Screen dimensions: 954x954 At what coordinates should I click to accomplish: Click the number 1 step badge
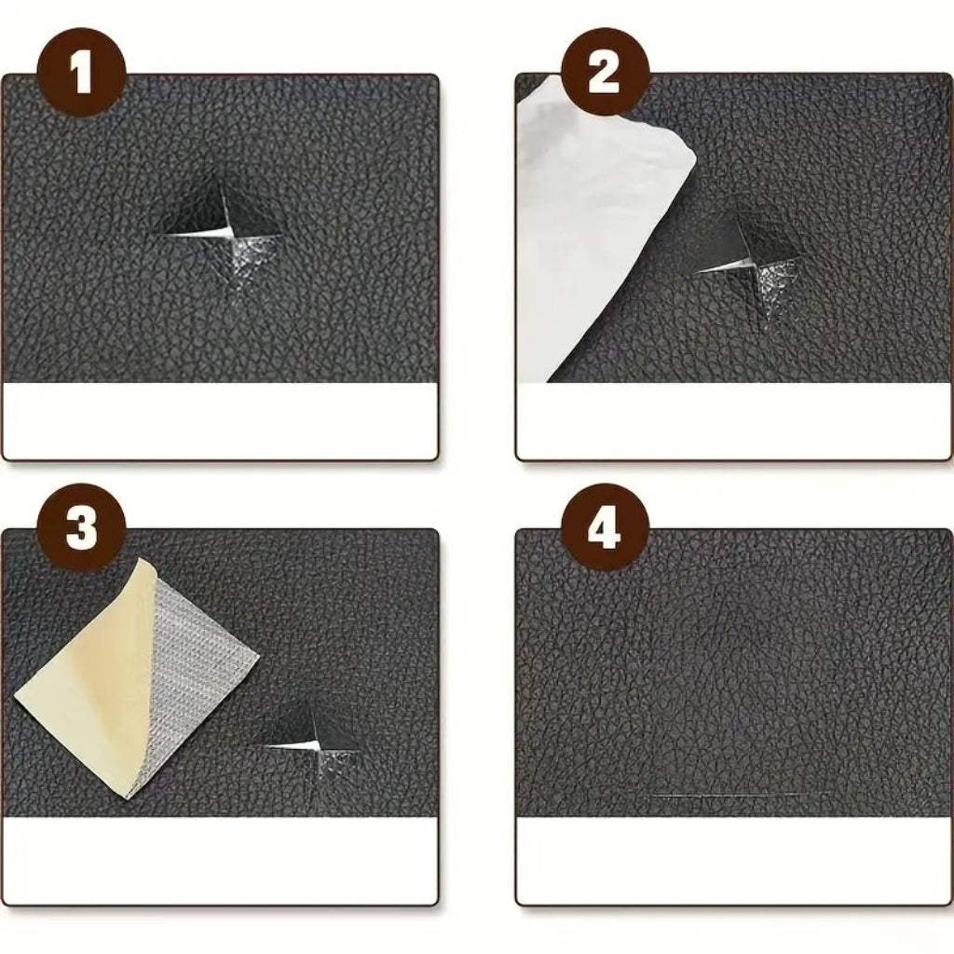(81, 72)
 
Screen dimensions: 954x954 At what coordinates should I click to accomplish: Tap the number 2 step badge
(604, 72)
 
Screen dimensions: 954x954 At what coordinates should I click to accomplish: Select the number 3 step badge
(81, 527)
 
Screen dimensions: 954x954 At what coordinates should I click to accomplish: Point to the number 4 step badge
(604, 527)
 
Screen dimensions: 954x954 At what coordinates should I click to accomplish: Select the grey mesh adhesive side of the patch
(200, 643)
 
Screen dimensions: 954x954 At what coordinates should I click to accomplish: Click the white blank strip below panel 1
(220, 419)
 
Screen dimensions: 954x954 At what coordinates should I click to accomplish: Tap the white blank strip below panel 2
(734, 419)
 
